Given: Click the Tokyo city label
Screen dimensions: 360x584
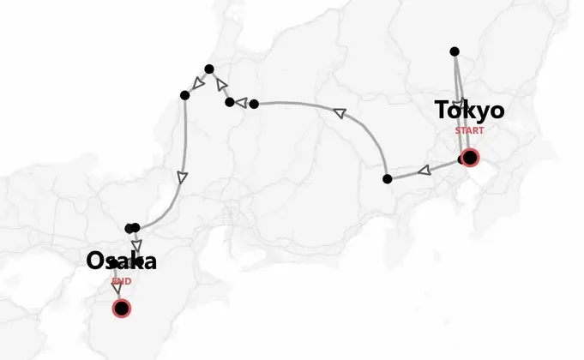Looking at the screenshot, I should pyautogui.click(x=469, y=111).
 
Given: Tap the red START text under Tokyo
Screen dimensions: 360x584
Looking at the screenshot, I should pyautogui.click(x=469, y=131).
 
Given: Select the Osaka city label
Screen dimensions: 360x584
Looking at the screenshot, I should pyautogui.click(x=121, y=261).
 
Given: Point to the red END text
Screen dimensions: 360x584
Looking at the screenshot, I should pyautogui.click(x=121, y=281).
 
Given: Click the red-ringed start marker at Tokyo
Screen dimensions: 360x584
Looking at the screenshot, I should pyautogui.click(x=469, y=158).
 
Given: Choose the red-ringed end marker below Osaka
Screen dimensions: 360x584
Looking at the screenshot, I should pyautogui.click(x=122, y=308).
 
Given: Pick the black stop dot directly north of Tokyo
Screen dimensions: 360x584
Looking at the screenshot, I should pyautogui.click(x=455, y=51).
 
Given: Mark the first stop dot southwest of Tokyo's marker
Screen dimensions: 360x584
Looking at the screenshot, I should pyautogui.click(x=388, y=178).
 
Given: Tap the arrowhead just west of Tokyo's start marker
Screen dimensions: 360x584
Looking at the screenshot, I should pyautogui.click(x=423, y=171).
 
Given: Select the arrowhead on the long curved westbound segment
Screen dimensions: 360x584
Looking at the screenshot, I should pyautogui.click(x=339, y=112).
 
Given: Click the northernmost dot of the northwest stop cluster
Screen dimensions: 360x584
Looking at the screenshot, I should pyautogui.click(x=208, y=69).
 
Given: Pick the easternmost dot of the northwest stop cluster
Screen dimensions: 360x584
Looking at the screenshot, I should pyautogui.click(x=229, y=103).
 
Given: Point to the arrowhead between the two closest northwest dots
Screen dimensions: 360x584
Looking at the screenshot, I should pyautogui.click(x=221, y=85).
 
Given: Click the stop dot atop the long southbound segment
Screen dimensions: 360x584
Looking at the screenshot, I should pyautogui.click(x=184, y=94).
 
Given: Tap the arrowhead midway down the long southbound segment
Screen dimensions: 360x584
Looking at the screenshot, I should pyautogui.click(x=181, y=177).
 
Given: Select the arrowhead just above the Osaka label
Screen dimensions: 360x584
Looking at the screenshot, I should pyautogui.click(x=136, y=243).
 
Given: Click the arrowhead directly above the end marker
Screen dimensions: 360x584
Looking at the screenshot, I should pyautogui.click(x=117, y=288).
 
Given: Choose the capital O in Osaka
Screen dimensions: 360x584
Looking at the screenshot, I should pyautogui.click(x=95, y=261).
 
